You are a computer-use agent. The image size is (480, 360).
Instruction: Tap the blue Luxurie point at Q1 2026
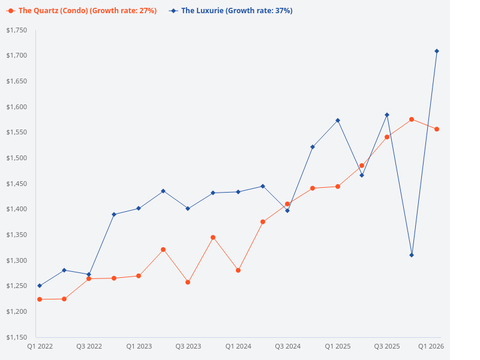437,51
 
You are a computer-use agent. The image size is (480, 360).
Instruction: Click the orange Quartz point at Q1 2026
437,129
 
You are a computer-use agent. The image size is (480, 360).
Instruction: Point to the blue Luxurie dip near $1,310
412,255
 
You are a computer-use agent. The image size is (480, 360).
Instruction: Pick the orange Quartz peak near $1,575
412,119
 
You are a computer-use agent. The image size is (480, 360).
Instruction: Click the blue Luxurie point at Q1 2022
40,286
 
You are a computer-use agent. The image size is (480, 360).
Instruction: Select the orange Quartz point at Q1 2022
40,299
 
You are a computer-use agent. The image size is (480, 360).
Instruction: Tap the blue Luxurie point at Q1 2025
338,120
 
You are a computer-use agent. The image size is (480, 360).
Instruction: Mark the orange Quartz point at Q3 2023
188,282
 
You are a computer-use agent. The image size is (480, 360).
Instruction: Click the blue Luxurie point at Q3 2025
387,115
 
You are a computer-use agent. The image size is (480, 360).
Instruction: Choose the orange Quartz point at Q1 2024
238,271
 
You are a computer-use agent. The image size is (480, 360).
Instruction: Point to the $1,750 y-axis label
16,30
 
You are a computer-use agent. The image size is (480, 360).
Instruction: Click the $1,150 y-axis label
16,337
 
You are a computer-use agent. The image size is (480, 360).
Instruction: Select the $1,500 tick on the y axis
16,158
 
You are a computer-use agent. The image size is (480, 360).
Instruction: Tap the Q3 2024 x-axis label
287,347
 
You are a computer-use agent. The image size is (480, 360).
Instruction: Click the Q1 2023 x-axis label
139,347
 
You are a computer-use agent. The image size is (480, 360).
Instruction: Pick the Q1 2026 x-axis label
430,347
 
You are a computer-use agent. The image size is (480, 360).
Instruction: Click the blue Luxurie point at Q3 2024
287,211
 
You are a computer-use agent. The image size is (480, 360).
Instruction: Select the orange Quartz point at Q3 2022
89,278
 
